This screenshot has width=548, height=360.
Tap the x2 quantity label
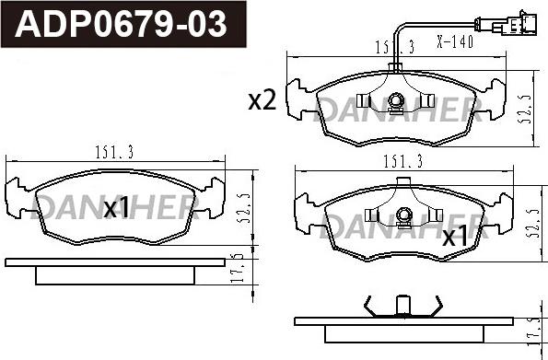262,101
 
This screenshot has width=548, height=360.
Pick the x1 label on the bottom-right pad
455,237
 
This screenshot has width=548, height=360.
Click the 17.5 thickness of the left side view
238,270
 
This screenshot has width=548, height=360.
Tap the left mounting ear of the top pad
299,98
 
